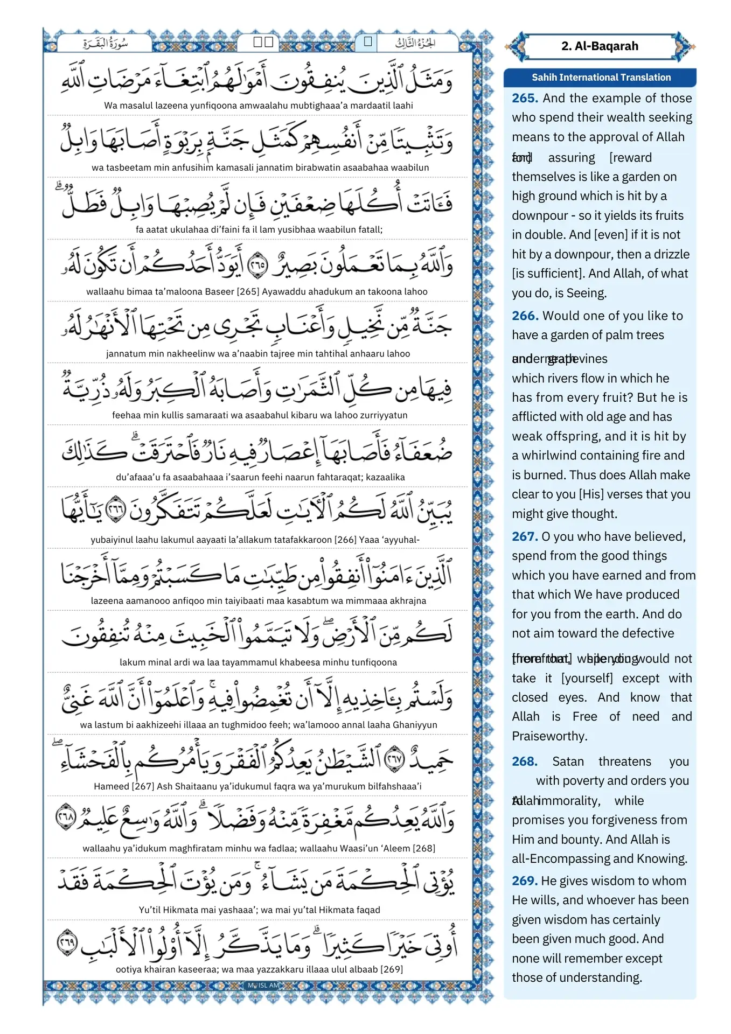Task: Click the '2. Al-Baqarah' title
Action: (x=600, y=46)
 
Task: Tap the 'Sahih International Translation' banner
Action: (x=601, y=78)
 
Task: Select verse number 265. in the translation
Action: (x=525, y=98)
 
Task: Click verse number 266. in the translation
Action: (x=525, y=316)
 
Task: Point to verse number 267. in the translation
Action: (x=525, y=536)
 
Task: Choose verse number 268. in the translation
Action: (x=525, y=761)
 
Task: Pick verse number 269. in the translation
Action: (x=525, y=881)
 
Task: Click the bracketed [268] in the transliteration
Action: (x=424, y=848)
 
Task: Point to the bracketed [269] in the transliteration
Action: (x=392, y=969)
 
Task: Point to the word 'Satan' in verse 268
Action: (x=568, y=761)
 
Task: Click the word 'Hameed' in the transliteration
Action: (x=112, y=786)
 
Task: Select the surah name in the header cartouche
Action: (x=106, y=43)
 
